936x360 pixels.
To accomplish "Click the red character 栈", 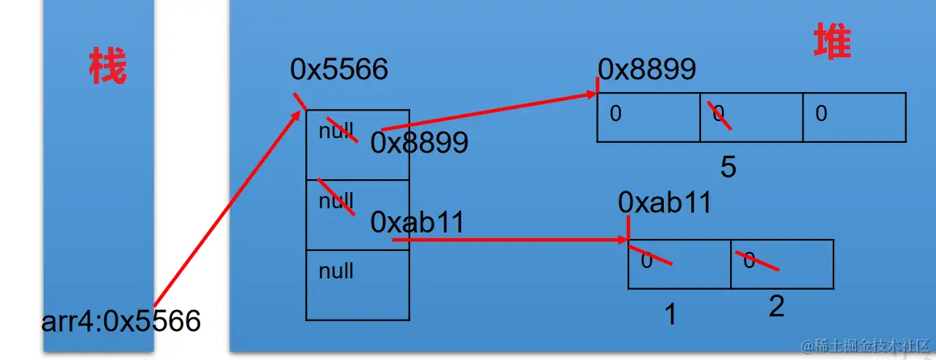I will tap(107, 67).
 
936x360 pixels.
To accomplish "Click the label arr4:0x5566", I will tap(121, 321).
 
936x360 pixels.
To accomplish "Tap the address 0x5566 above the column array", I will tap(339, 69).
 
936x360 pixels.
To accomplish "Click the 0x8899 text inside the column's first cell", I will tap(419, 143).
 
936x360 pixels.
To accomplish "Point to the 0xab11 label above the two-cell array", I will tap(665, 202).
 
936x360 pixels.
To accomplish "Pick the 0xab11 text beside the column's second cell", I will tap(418, 222).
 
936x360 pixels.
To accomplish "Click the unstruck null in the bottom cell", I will tap(336, 270).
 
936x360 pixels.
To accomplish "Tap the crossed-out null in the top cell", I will tap(336, 131).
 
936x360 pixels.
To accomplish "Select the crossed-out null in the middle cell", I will tap(336, 199).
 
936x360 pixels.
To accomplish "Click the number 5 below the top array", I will tap(728, 167).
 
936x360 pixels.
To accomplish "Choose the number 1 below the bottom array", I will tap(669, 314).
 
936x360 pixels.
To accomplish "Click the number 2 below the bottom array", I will tap(776, 306).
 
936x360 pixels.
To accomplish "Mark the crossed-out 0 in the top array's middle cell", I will tap(719, 114).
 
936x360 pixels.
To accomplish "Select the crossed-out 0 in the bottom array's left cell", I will tap(647, 260).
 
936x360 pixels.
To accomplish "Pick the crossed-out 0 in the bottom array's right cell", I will tap(749, 260).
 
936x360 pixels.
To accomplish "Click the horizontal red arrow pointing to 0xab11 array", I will tap(509, 240).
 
